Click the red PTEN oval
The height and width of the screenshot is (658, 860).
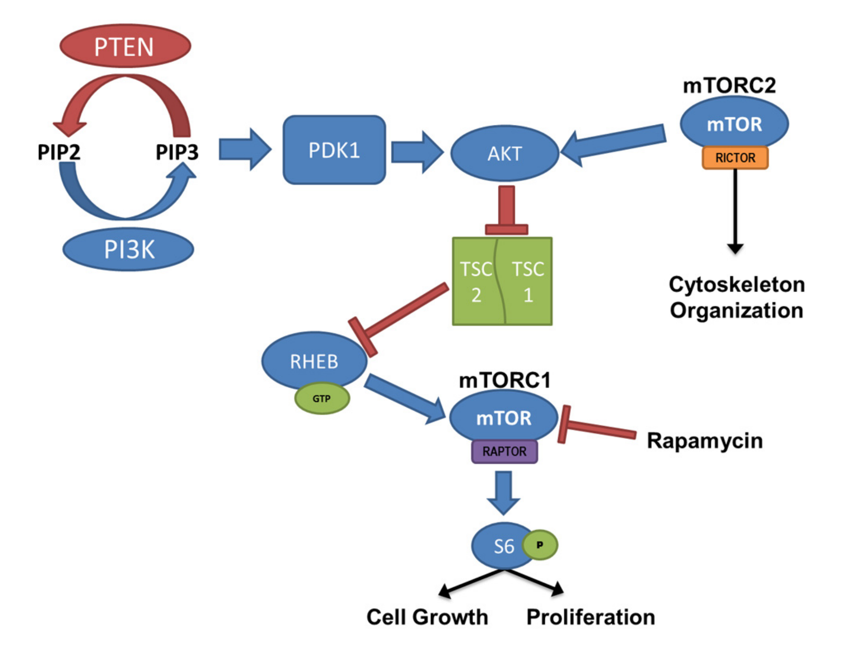coord(125,46)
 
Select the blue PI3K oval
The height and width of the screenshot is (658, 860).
coord(129,249)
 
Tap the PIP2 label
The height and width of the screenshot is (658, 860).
coord(59,152)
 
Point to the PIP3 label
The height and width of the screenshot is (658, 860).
coord(177,152)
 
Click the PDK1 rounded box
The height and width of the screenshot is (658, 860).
coord(334,150)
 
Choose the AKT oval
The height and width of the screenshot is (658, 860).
coord(504,154)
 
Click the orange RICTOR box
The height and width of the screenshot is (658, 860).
coord(735,158)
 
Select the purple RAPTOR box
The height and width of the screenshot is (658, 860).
coord(504,452)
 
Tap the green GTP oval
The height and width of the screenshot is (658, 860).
coord(322,399)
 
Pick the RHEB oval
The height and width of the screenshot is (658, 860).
coord(314,361)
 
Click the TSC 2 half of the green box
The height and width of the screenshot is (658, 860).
coord(476,282)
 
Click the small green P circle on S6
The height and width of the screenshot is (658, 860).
coord(540,545)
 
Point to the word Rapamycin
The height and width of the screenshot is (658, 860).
coord(705,440)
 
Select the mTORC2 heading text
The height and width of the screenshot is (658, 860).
coord(729,85)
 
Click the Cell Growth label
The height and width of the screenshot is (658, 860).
coord(427,617)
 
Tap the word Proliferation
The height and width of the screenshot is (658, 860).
coord(590,617)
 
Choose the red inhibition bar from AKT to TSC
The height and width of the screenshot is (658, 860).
coord(507,210)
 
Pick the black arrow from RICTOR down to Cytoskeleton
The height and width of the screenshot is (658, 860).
coord(735,210)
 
